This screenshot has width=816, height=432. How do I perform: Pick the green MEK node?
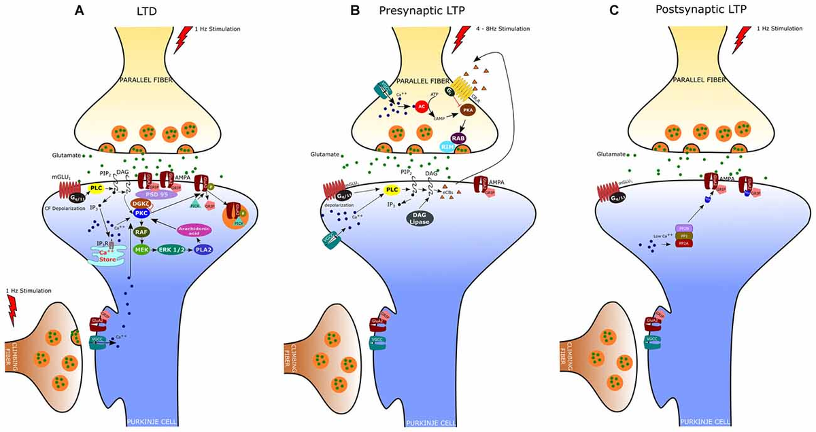coord(142,249)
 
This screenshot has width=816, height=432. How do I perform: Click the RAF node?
coord(142,232)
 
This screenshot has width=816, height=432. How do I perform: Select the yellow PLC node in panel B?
coord(392,191)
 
